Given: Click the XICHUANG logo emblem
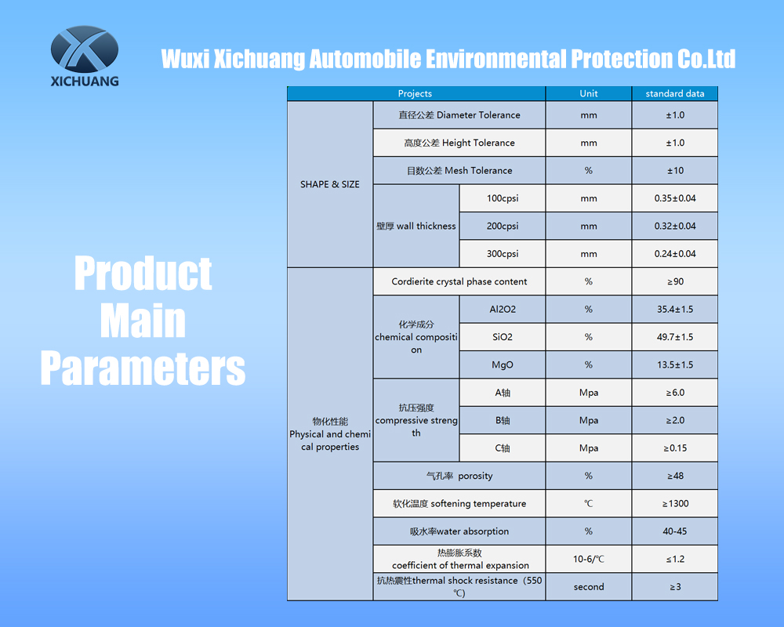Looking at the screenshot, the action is [x=85, y=49].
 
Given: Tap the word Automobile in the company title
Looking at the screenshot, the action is [x=365, y=59].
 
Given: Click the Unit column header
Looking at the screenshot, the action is [x=589, y=93].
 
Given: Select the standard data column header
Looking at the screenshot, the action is [x=674, y=93].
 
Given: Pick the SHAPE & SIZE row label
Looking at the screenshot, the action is [x=330, y=184].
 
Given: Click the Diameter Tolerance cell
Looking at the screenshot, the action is [x=459, y=115].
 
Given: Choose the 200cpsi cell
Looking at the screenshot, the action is [x=503, y=226].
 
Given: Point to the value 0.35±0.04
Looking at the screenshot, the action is [x=675, y=198].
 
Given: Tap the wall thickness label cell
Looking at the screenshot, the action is [x=416, y=226].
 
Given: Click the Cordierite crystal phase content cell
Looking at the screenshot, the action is [x=459, y=281].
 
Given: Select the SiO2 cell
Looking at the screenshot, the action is [x=503, y=337].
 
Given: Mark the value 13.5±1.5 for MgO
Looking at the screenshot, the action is [x=675, y=365].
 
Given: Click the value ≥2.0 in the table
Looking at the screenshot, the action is [x=675, y=421].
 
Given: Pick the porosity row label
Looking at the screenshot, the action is [x=459, y=476].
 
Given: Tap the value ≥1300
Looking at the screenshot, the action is [x=675, y=503].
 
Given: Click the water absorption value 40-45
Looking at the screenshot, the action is [x=675, y=531].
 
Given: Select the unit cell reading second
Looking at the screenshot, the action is [x=589, y=587].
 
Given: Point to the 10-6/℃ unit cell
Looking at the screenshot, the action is [x=589, y=559].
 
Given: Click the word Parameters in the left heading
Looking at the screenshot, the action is [x=143, y=368].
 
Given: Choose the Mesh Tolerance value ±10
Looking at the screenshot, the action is [x=675, y=171].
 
